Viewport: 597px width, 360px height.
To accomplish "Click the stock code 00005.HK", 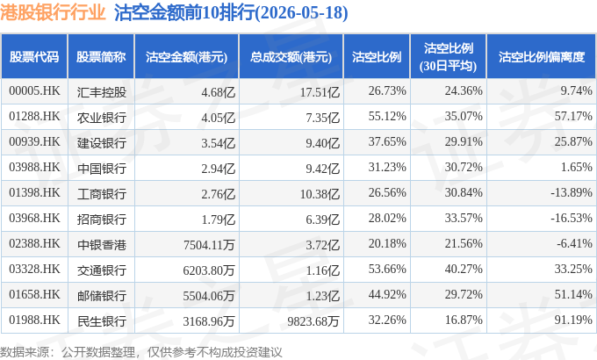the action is tap(34, 91).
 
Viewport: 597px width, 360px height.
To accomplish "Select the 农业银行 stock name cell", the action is tap(101, 118).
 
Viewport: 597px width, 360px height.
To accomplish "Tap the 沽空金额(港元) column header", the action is tap(186, 57).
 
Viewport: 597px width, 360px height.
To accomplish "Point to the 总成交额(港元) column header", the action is tap(291, 57).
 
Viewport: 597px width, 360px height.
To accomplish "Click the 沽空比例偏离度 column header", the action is tap(542, 57).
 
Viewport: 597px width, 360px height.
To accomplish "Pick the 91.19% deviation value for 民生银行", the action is tap(573, 320).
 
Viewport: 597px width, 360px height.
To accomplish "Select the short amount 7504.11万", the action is tap(209, 245).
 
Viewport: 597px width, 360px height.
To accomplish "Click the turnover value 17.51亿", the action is tap(320, 92).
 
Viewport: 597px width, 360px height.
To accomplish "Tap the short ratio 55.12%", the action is tap(387, 116).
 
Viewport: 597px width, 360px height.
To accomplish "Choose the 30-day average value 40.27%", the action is tap(464, 269).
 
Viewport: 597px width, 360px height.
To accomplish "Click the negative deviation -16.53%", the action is tap(572, 218).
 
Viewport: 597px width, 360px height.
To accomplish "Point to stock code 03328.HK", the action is tap(34, 269).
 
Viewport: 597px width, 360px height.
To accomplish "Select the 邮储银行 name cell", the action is tap(101, 296).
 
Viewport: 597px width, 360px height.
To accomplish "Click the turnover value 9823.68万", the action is tap(313, 321).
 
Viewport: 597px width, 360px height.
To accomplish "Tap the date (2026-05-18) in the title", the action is tap(301, 12).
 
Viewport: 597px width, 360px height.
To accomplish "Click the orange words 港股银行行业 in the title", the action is tap(53, 12).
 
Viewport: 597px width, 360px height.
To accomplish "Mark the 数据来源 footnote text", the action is tap(140, 352).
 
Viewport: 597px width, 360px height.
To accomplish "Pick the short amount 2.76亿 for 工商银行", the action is tap(218, 194).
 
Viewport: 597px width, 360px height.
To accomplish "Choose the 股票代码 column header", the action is tap(34, 57).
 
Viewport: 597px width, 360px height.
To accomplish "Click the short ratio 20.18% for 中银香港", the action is tap(387, 243).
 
